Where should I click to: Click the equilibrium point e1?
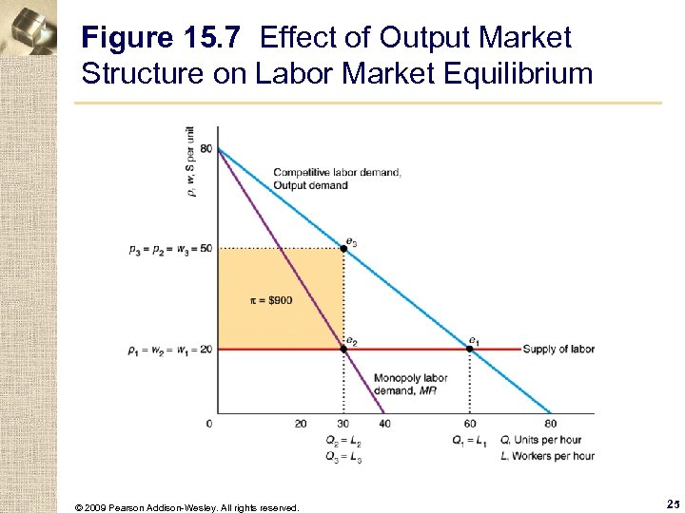470,349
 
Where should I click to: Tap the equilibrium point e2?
343,349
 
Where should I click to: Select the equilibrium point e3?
343,248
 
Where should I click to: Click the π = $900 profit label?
271,300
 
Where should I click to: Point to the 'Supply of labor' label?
558,350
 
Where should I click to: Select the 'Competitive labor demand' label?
338,172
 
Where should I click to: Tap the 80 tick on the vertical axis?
205,149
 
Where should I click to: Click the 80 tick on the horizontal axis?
551,424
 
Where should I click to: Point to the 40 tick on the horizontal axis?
384,424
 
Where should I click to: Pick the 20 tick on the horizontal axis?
301,424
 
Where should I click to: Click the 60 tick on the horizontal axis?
470,424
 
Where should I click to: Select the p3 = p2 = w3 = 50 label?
169,249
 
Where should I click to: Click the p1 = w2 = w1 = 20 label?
169,350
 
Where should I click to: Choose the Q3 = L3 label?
344,457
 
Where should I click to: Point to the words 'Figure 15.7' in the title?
166,39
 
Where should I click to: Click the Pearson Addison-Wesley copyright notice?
186,507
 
